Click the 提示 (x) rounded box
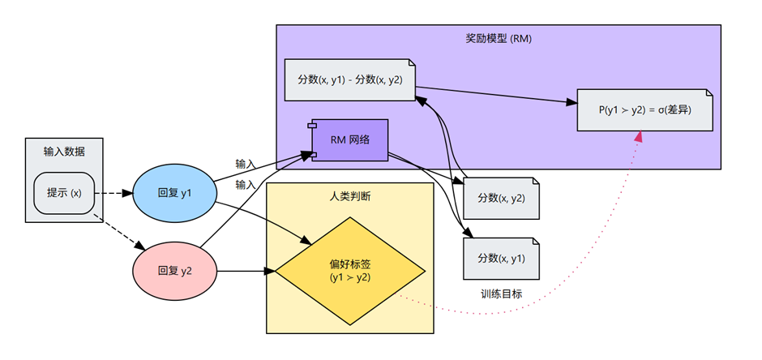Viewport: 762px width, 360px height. click(64, 193)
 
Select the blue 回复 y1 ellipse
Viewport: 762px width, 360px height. click(175, 193)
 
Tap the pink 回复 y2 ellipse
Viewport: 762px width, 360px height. click(175, 271)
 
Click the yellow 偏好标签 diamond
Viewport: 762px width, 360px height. click(350, 271)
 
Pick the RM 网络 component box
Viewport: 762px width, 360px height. click(349, 140)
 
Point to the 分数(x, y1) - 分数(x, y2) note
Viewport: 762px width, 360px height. click(349, 79)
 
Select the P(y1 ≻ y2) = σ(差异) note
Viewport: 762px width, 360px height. click(645, 109)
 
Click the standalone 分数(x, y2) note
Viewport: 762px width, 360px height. click(501, 198)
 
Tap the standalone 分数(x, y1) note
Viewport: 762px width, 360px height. click(501, 259)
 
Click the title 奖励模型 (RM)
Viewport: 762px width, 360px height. click(499, 40)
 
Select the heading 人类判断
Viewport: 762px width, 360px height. click(350, 196)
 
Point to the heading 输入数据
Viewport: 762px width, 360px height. click(64, 152)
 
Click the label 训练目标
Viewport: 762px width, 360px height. click(502, 294)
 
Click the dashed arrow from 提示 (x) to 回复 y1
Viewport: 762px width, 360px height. click(113, 193)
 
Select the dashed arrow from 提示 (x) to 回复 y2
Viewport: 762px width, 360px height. click(120, 232)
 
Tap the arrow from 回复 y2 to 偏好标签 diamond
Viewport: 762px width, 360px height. click(246, 271)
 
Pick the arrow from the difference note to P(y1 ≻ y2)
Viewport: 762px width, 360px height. click(496, 95)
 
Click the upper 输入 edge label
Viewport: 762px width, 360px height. click(246, 164)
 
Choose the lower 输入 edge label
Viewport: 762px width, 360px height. click(246, 184)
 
